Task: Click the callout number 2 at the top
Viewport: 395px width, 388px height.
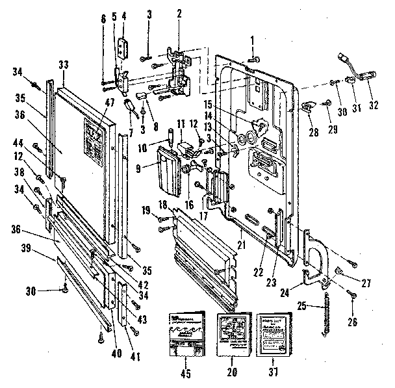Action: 179,13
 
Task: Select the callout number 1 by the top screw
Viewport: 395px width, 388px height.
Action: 252,40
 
